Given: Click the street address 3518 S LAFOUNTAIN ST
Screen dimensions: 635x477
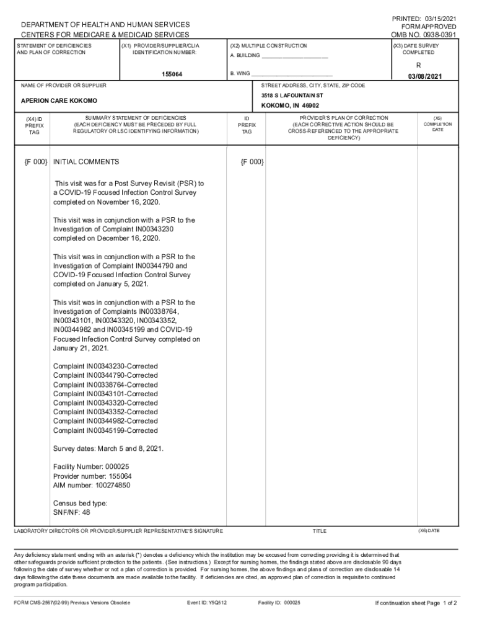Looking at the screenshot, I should tap(292, 96).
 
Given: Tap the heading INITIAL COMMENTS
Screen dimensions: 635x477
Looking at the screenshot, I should tap(86, 162).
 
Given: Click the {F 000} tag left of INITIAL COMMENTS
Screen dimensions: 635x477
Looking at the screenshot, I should tap(36, 162).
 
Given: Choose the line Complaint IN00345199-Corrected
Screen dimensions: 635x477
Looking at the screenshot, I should tap(105, 430).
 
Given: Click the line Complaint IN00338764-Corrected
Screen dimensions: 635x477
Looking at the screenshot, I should tap(105, 384).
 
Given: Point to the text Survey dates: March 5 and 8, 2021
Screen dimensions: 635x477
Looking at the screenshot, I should tap(108, 448).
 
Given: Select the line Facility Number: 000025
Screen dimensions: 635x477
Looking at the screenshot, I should tap(91, 466).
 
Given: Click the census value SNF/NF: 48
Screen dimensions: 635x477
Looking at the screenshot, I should tap(72, 512).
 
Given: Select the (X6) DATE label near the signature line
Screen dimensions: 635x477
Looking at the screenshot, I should tap(429, 531).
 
